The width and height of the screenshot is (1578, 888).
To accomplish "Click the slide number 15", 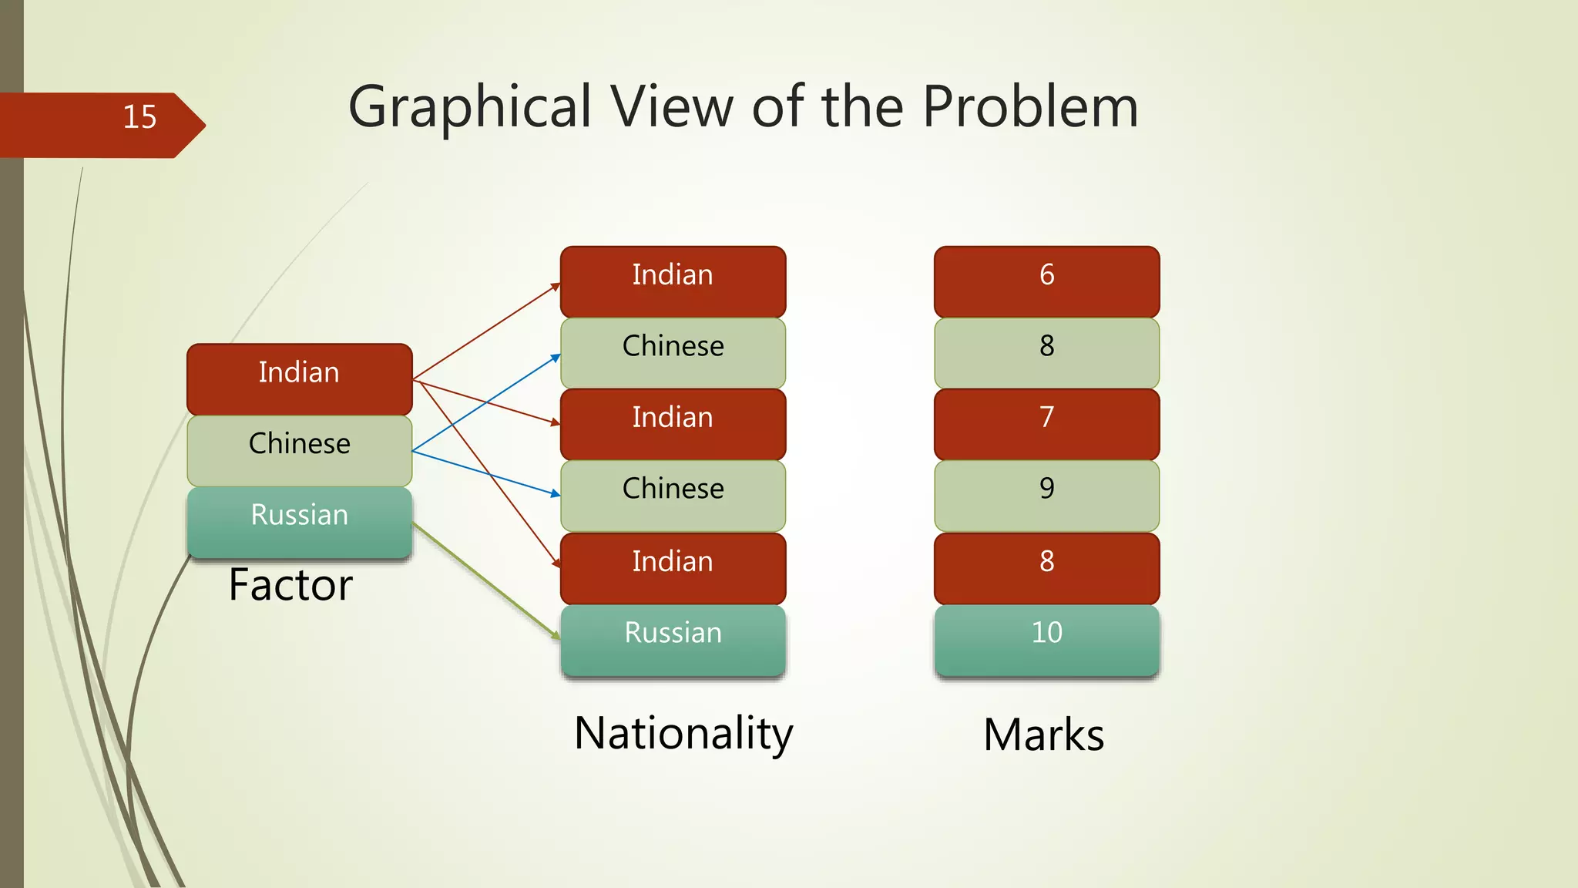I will pyautogui.click(x=139, y=117).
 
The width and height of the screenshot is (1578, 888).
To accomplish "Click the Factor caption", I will pyautogui.click(x=290, y=585).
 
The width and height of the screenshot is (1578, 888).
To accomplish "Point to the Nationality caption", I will pyautogui.click(x=683, y=733).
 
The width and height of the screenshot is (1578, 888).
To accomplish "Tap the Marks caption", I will pyautogui.click(x=1043, y=735).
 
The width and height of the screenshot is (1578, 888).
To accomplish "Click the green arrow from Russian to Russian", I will pyautogui.click(x=485, y=580).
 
